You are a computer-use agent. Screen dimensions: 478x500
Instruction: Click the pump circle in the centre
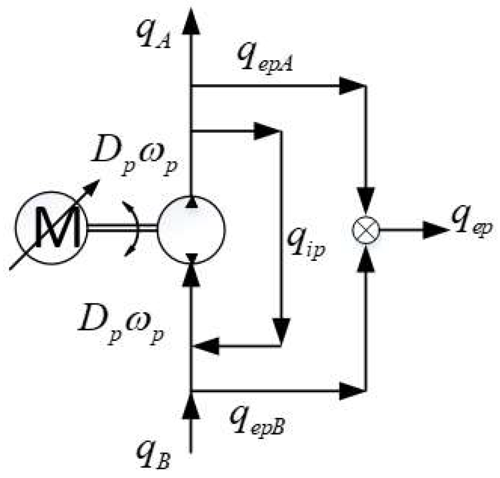coord(191,229)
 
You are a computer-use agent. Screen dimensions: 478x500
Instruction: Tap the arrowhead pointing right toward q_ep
coord(435,230)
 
